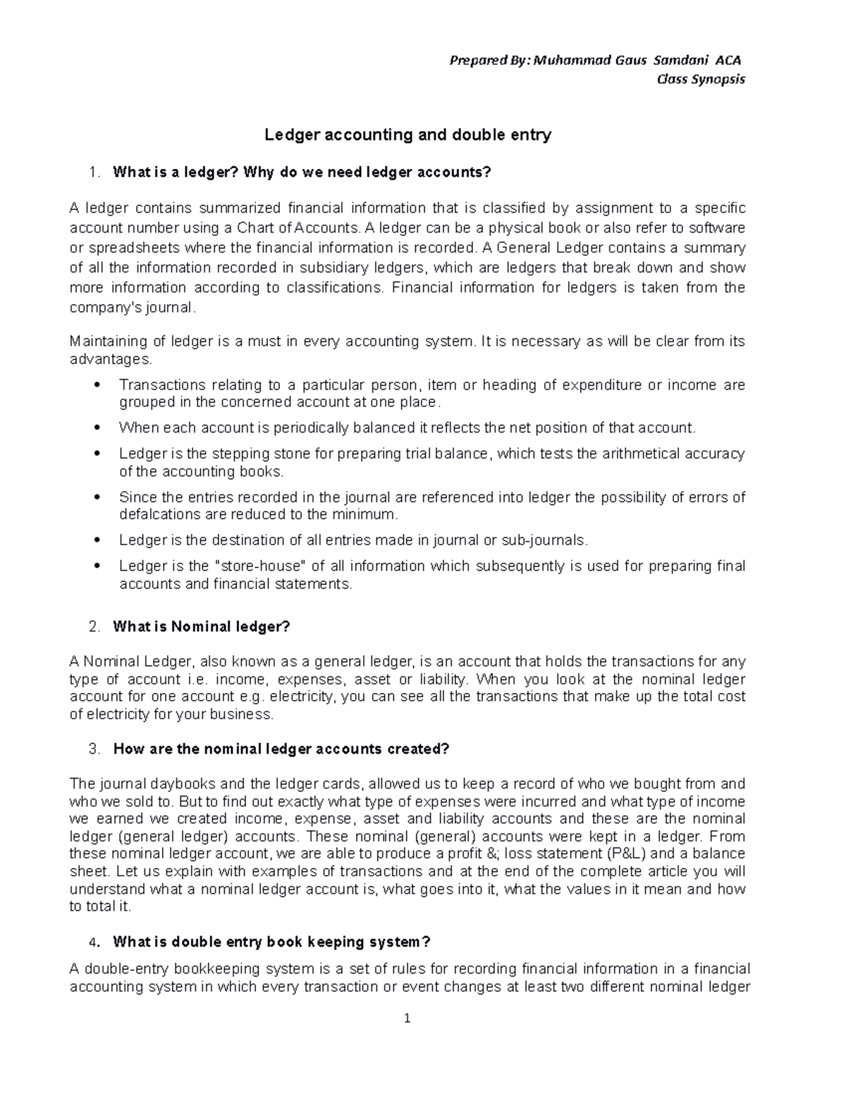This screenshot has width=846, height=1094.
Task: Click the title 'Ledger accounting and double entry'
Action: pos(407,135)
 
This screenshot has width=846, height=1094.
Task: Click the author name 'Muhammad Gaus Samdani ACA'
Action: pos(637,60)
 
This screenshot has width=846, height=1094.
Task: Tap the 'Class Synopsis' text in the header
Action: pos(700,79)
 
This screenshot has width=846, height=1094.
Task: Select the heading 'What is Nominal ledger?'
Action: pos(202,626)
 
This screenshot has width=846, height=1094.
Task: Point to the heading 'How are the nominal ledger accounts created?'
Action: pos(281,749)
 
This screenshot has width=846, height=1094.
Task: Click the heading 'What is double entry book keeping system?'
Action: pos(271,942)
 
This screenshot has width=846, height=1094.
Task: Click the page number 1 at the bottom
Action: pos(407,1018)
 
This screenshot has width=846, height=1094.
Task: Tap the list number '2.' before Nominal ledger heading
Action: pos(95,626)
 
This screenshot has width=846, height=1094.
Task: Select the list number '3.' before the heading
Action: pos(95,749)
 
